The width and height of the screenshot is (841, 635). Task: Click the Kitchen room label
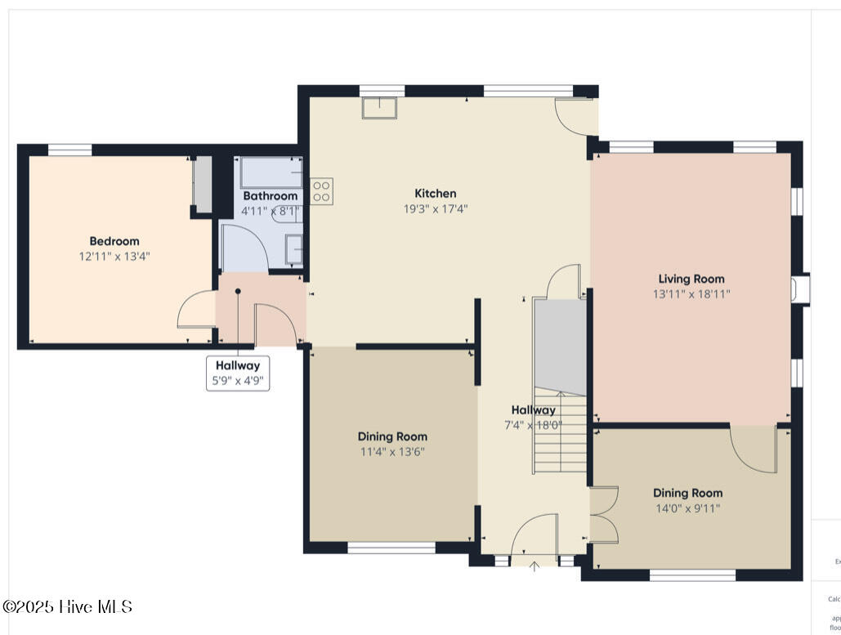click(x=435, y=194)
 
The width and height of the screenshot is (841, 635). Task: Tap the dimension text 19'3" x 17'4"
click(x=435, y=208)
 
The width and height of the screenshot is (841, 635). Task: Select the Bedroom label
click(x=114, y=241)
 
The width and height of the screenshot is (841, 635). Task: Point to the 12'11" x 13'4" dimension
click(x=114, y=256)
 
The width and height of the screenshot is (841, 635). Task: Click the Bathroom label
click(x=270, y=196)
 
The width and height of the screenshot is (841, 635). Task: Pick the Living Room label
click(x=691, y=279)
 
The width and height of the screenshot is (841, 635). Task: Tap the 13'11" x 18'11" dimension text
click(x=691, y=294)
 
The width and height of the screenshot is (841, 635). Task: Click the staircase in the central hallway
click(x=560, y=433)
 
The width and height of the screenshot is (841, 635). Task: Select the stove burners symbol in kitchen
click(x=321, y=191)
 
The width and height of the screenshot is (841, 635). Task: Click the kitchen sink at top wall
click(x=379, y=107)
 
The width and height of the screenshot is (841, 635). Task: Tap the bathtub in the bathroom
click(x=271, y=172)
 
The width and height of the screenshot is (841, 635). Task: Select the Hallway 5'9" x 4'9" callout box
click(x=237, y=373)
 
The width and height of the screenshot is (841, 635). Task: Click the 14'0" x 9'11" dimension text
click(x=687, y=508)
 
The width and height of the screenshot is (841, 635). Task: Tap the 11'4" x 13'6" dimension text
click(x=392, y=451)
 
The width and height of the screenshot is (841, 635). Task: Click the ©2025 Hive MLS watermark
click(x=67, y=606)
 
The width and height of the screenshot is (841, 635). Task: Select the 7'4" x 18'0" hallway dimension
click(x=533, y=425)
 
